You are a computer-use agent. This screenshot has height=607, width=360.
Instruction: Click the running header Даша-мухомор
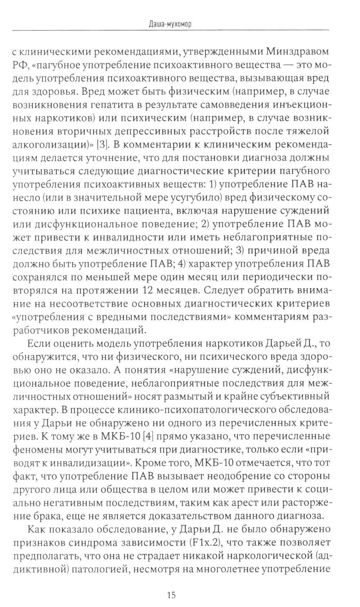click(170, 24)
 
